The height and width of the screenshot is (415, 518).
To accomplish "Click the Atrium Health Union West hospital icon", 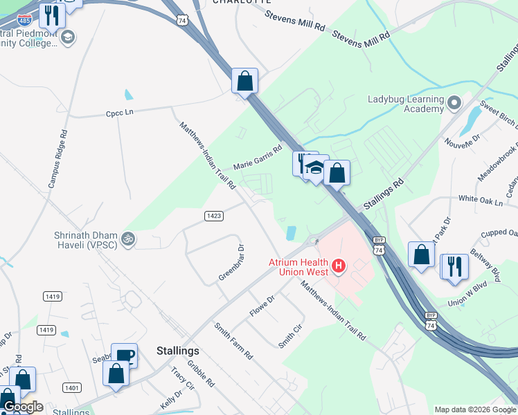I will [339, 265].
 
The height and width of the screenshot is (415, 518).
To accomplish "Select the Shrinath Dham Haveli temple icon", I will [127, 239].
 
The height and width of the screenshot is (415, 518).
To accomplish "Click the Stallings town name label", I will [178, 351].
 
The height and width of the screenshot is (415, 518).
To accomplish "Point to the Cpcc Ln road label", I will [119, 113].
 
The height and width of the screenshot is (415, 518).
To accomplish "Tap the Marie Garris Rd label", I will [258, 158].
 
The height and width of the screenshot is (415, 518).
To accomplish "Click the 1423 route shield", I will [214, 216].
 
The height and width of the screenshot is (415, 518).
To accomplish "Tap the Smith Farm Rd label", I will [233, 340].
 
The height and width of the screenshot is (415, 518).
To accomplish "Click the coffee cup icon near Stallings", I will [125, 356].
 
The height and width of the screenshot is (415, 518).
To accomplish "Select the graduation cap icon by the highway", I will [316, 168].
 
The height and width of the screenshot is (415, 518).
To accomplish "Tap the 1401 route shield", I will [71, 388].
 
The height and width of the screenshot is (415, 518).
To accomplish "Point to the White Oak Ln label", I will [481, 201].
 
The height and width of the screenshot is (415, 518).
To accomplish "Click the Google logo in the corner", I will [23, 407].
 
